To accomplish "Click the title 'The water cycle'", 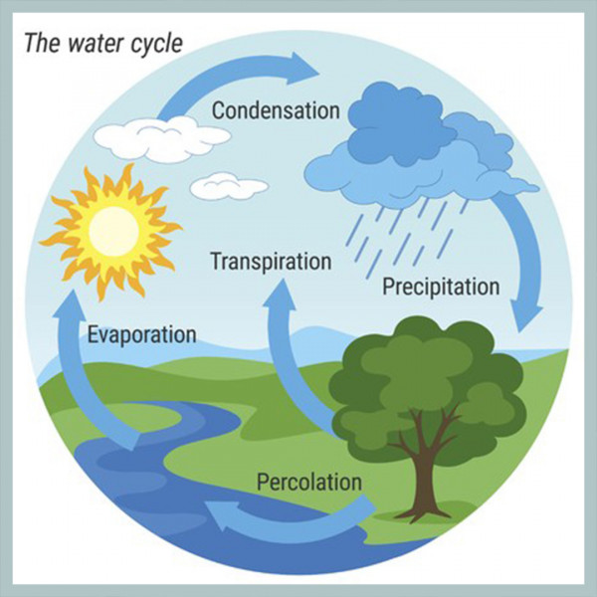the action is (103, 44).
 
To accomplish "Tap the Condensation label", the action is (276, 110).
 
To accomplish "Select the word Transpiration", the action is (271, 262).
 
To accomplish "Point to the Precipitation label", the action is (441, 287).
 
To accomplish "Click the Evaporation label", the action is (142, 335).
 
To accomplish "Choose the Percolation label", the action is (309, 482).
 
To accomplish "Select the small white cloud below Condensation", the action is (229, 186).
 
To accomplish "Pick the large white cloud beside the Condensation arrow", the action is (162, 138).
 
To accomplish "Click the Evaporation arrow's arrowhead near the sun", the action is (70, 304).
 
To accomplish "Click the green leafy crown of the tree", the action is (427, 377).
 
